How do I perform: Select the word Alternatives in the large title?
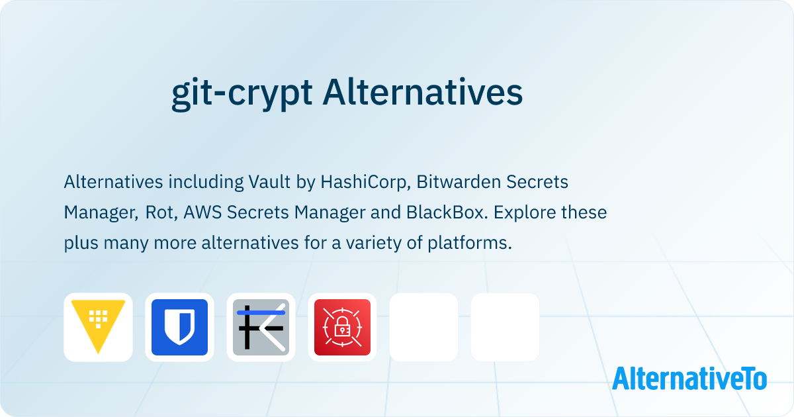pyautogui.click(x=423, y=93)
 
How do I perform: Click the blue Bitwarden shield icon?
pyautogui.click(x=179, y=327)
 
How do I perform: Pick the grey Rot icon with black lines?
pyautogui.click(x=261, y=327)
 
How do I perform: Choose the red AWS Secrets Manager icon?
pyautogui.click(x=342, y=327)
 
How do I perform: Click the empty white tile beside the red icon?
pyautogui.click(x=423, y=327)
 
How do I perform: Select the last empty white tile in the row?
pyautogui.click(x=505, y=327)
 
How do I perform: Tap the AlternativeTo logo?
pyautogui.click(x=689, y=379)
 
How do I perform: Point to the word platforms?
pyautogui.click(x=477, y=243)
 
